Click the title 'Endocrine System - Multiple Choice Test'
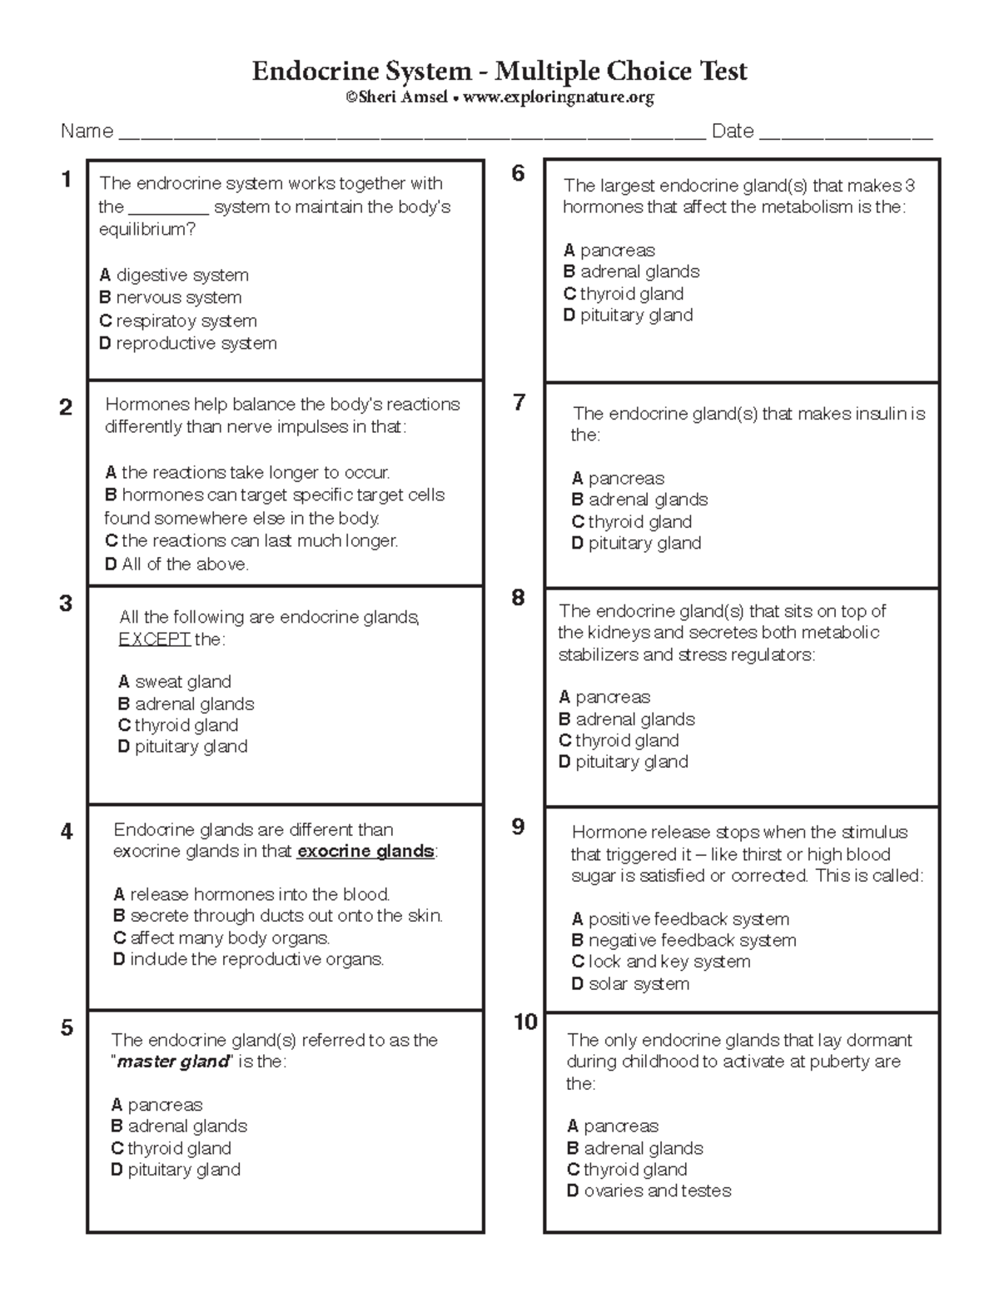pyautogui.click(x=499, y=72)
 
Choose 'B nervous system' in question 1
pyautogui.click(x=171, y=298)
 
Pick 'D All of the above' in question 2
pyautogui.click(x=176, y=564)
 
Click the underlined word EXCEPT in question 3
pyautogui.click(x=155, y=639)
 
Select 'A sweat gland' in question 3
pyautogui.click(x=175, y=682)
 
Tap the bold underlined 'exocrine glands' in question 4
pyautogui.click(x=365, y=852)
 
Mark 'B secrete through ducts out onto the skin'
pyautogui.click(x=278, y=916)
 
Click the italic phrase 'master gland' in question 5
pyautogui.click(x=172, y=1062)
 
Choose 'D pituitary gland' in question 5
pyautogui.click(x=176, y=1170)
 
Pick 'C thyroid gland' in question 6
pyautogui.click(x=624, y=294)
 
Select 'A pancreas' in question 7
pyautogui.click(x=618, y=479)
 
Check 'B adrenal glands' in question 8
pyautogui.click(x=627, y=719)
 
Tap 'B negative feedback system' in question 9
pyautogui.click(x=683, y=941)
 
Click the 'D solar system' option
pyautogui.click(x=630, y=984)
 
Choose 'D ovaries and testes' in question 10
pyautogui.click(x=649, y=1191)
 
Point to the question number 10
pyautogui.click(x=525, y=1022)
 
